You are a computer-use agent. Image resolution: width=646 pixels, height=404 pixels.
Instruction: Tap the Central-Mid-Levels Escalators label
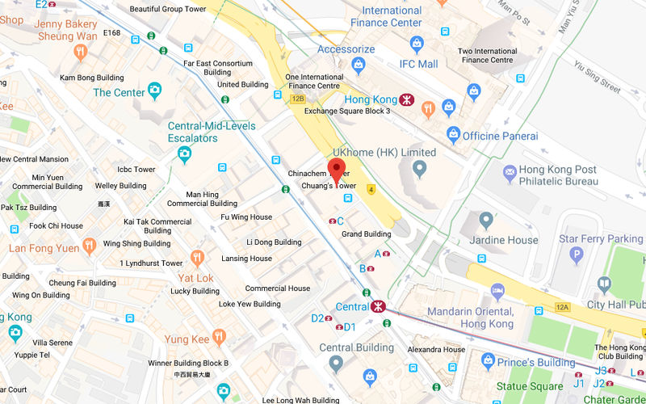point(212,132)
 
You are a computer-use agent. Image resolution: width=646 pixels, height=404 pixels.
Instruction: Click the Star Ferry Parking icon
point(577,257)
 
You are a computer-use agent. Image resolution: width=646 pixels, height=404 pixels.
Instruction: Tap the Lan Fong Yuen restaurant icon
point(90,245)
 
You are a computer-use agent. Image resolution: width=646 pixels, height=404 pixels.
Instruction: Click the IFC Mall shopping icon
point(417,44)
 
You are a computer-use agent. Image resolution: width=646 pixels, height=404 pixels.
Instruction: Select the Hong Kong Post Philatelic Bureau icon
point(510,172)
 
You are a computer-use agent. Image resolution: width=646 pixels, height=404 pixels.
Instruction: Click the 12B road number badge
point(298,99)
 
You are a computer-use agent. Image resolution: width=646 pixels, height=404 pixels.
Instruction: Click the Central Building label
point(356,348)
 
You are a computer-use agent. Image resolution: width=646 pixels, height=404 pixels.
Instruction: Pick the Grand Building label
point(366,234)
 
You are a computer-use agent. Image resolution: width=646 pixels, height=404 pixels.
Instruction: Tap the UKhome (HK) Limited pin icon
point(419,169)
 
